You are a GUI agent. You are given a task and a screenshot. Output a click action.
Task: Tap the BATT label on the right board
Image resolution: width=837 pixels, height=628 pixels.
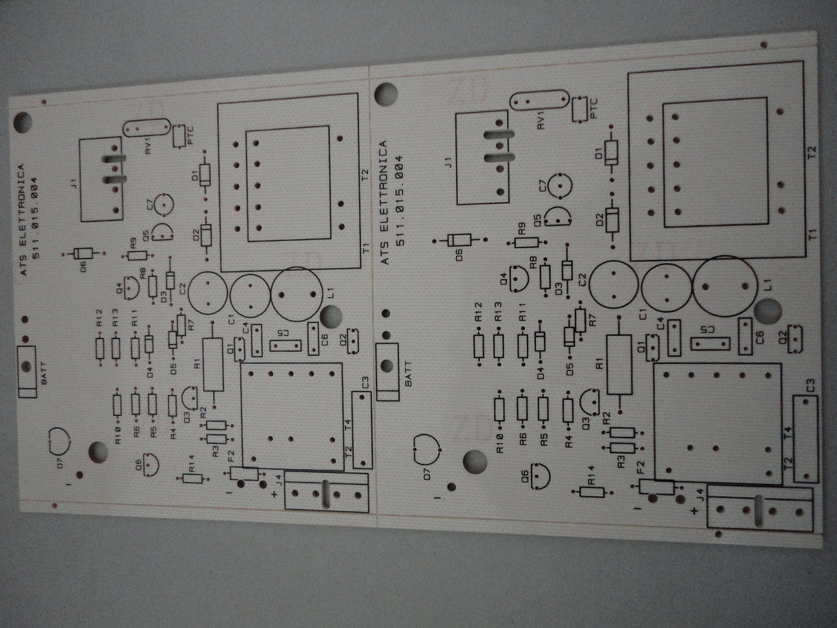408,374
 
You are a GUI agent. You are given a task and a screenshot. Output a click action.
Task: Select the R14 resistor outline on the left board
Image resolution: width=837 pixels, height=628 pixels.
192,478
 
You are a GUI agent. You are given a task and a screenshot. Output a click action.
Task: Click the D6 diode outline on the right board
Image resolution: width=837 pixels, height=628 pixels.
459,240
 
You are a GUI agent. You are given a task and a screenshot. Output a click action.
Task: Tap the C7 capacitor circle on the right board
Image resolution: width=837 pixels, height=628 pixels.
560,185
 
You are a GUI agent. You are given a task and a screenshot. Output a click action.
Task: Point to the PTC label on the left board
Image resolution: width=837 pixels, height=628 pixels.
190,135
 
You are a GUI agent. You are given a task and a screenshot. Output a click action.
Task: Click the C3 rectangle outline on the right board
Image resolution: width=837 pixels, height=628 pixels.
805,439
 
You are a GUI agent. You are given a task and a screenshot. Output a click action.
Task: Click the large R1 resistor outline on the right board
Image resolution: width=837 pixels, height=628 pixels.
619,365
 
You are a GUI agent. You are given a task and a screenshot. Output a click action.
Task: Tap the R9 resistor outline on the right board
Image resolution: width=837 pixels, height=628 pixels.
527,242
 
